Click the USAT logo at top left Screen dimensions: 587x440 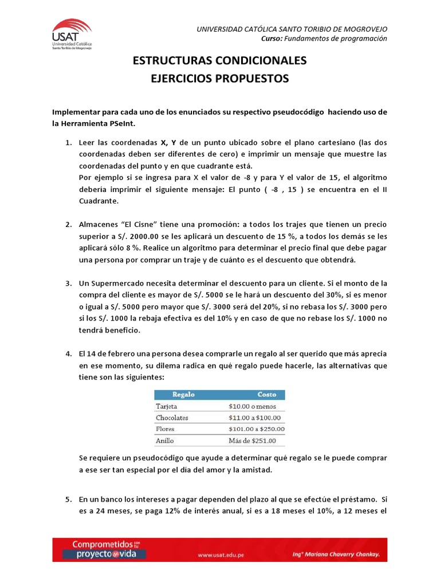tap(72, 34)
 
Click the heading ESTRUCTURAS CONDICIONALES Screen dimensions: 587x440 tap(220, 61)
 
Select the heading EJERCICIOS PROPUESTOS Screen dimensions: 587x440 tap(220, 78)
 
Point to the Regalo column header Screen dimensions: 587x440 tap(183, 394)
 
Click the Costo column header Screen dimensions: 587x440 tap(266, 394)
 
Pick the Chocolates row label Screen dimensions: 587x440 tap(172, 418)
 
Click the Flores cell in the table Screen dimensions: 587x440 tap(165, 429)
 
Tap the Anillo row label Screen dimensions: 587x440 tap(165, 441)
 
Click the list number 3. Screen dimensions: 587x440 tap(67, 283)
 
